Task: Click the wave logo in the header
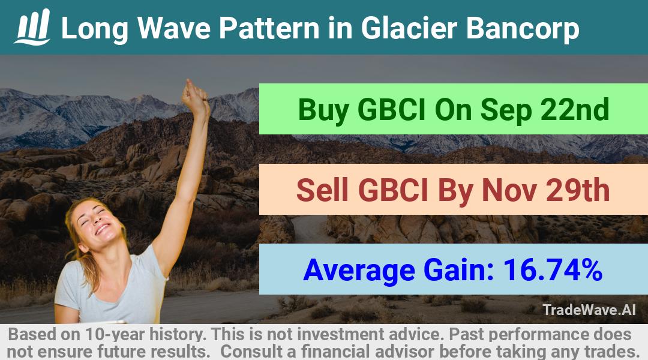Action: tap(32, 27)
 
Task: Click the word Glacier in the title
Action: tap(409, 28)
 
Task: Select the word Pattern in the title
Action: tap(269, 28)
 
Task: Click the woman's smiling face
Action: tap(97, 223)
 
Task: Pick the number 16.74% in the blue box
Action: tap(553, 269)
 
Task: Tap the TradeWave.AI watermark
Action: tap(589, 310)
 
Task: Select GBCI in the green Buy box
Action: tap(391, 110)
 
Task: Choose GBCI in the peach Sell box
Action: tap(393, 190)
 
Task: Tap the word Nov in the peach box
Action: tap(509, 190)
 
